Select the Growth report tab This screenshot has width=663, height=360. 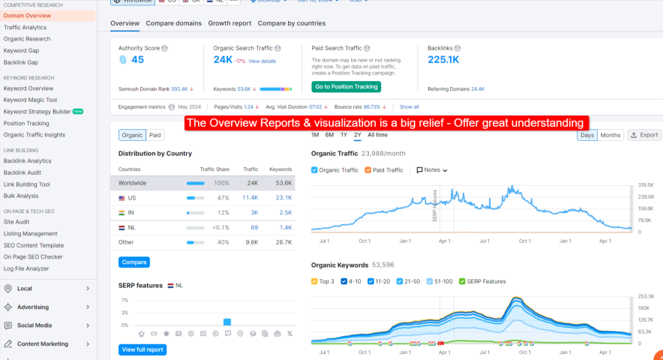pyautogui.click(x=229, y=23)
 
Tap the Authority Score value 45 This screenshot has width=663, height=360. pyautogui.click(x=137, y=60)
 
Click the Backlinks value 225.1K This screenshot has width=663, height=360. pyautogui.click(x=442, y=60)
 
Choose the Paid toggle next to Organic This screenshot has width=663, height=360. pyautogui.click(x=155, y=135)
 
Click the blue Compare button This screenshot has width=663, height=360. pyautogui.click(x=134, y=262)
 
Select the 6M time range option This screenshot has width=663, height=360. pyautogui.click(x=329, y=135)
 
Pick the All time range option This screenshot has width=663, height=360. pyautogui.click(x=377, y=135)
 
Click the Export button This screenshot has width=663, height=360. pyautogui.click(x=643, y=135)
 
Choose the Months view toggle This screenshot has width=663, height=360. pyautogui.click(x=610, y=135)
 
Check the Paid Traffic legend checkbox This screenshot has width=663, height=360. pyautogui.click(x=368, y=170)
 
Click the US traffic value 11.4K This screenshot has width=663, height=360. pyautogui.click(x=250, y=198)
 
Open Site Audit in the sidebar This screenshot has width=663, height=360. pyautogui.click(x=16, y=222)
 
